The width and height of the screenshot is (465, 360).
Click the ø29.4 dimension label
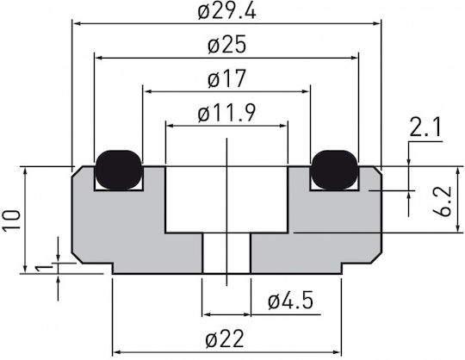226,12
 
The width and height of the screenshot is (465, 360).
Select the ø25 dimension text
226,45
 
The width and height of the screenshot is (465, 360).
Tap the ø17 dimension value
226,78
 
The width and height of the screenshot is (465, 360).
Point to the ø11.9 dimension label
226,113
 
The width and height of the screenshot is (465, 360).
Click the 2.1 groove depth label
425,127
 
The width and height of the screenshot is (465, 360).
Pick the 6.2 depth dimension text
442,202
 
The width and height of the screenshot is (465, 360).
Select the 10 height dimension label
12,220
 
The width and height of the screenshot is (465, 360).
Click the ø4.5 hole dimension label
291,301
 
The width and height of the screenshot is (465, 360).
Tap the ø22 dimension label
225,339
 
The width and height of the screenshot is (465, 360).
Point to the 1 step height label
44,269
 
